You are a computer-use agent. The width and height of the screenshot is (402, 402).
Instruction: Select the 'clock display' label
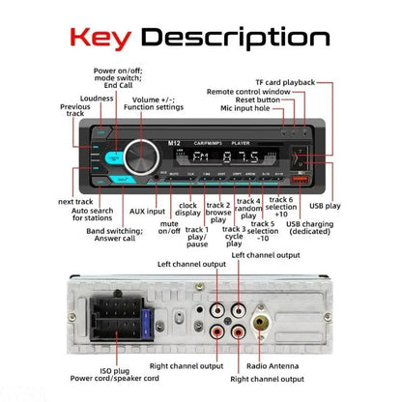tap(188, 209)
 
